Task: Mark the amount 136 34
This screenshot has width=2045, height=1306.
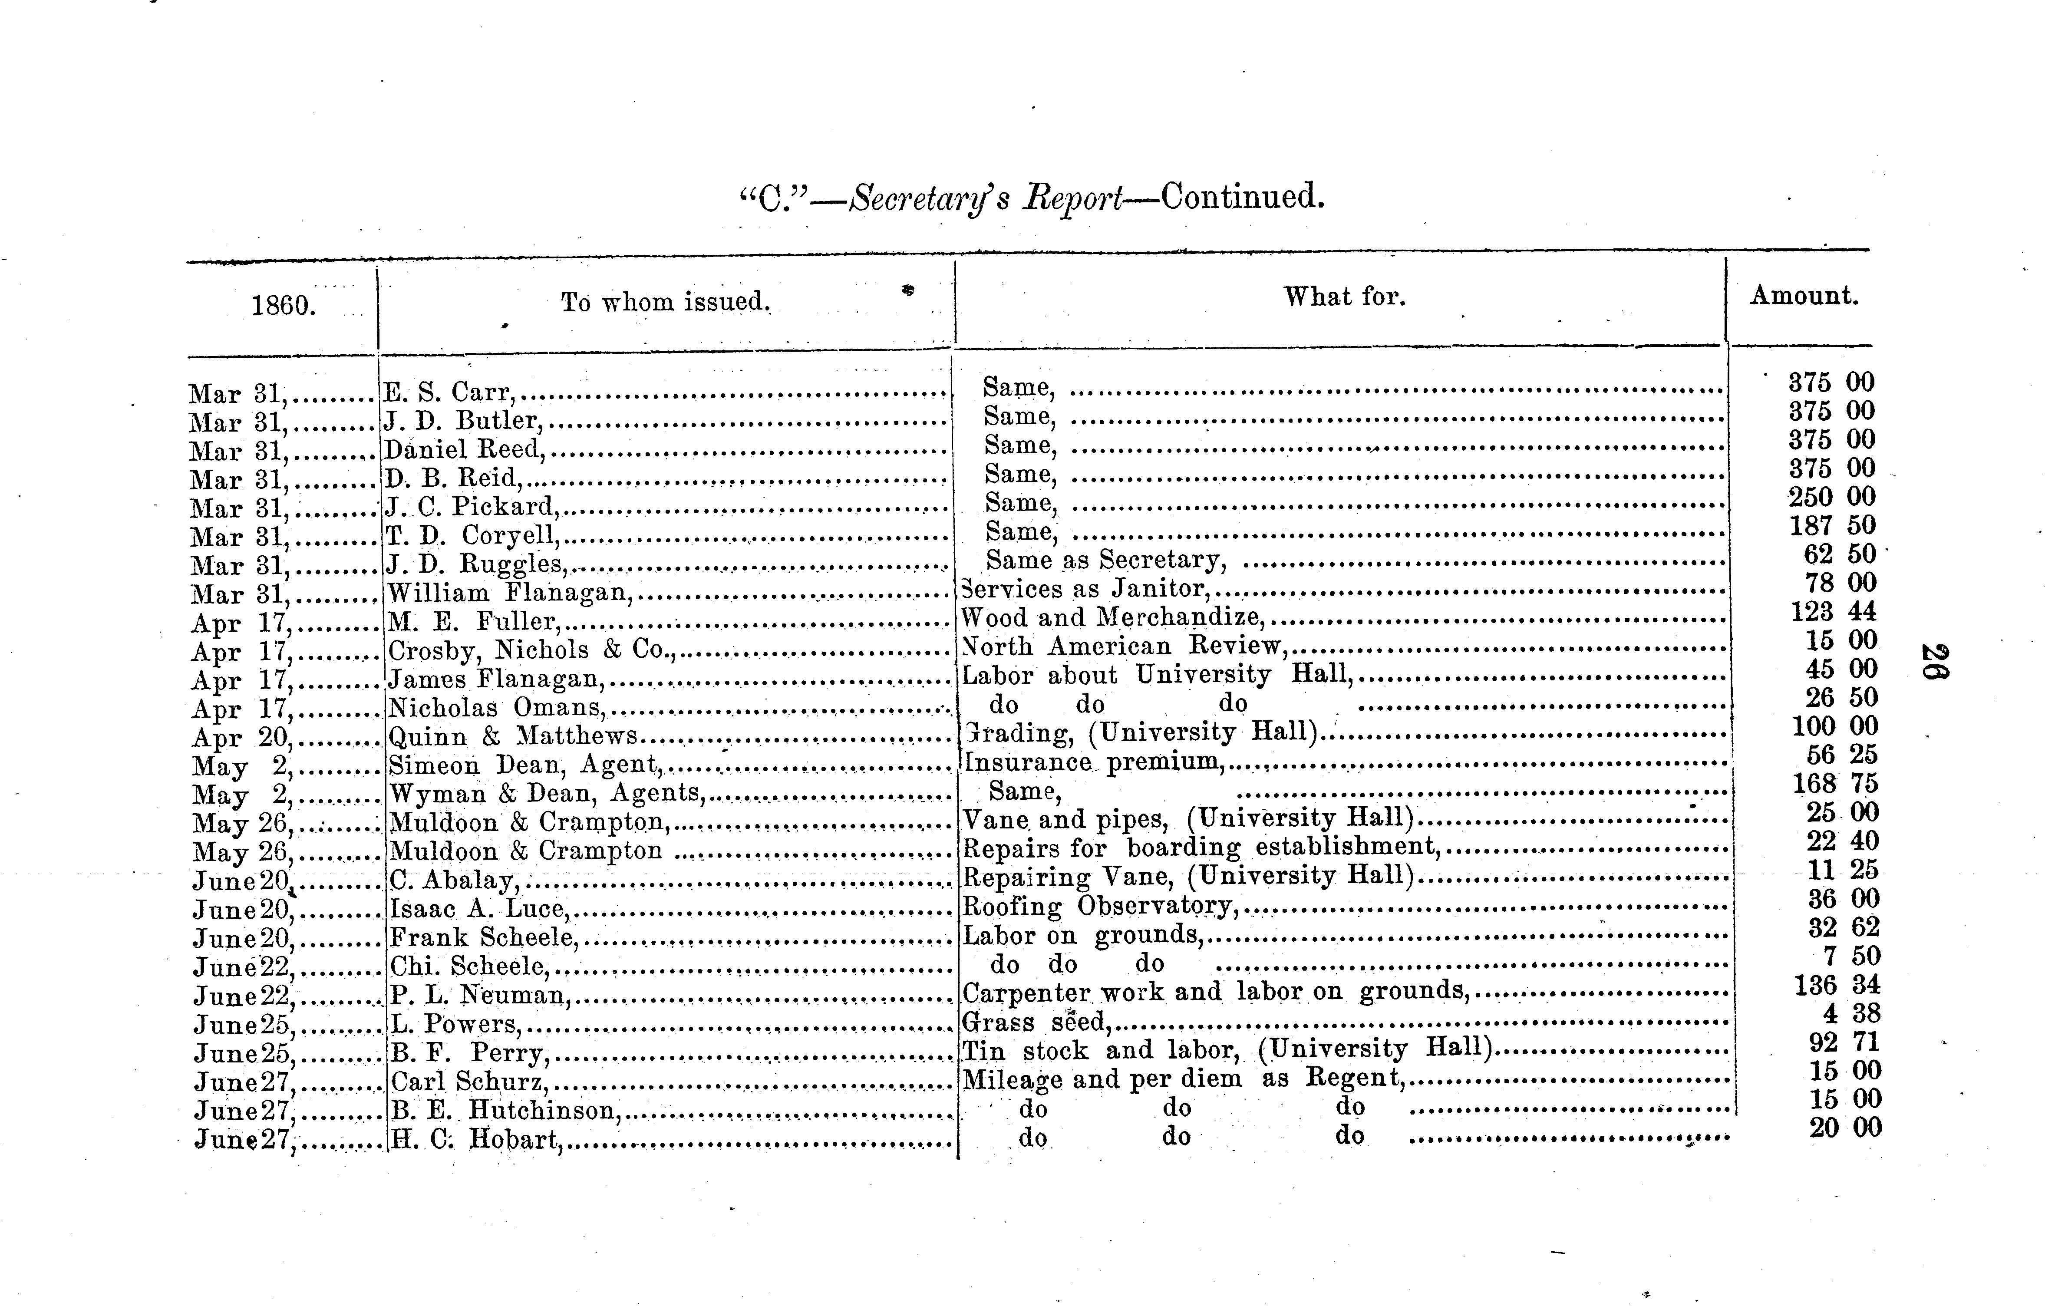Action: pos(1837,985)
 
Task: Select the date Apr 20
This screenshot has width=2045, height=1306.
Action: pos(242,738)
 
